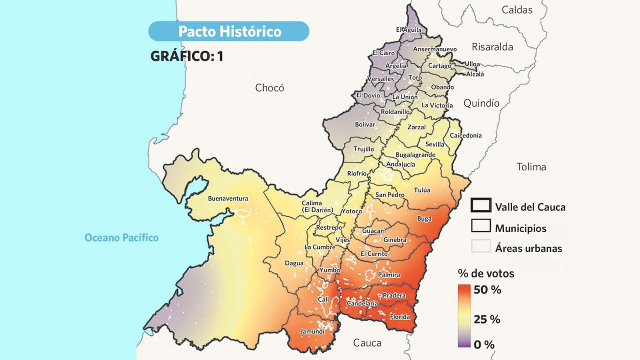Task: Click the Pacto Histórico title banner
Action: click(229, 31)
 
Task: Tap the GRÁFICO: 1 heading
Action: click(186, 56)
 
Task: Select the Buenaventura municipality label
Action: click(227, 198)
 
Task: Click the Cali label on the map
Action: click(323, 299)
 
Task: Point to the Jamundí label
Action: click(311, 331)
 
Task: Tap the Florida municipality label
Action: click(399, 317)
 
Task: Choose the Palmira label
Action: click(389, 275)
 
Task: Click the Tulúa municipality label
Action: click(422, 190)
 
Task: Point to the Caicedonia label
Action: click(465, 135)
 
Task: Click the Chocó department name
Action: click(269, 88)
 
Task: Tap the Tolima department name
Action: click(531, 167)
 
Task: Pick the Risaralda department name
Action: click(492, 47)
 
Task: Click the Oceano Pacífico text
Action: click(121, 237)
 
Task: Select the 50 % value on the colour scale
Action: click(487, 290)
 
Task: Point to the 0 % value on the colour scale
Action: click(484, 344)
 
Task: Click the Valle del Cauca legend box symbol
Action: click(480, 205)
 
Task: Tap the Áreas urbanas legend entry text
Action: click(528, 248)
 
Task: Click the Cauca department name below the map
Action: click(367, 343)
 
